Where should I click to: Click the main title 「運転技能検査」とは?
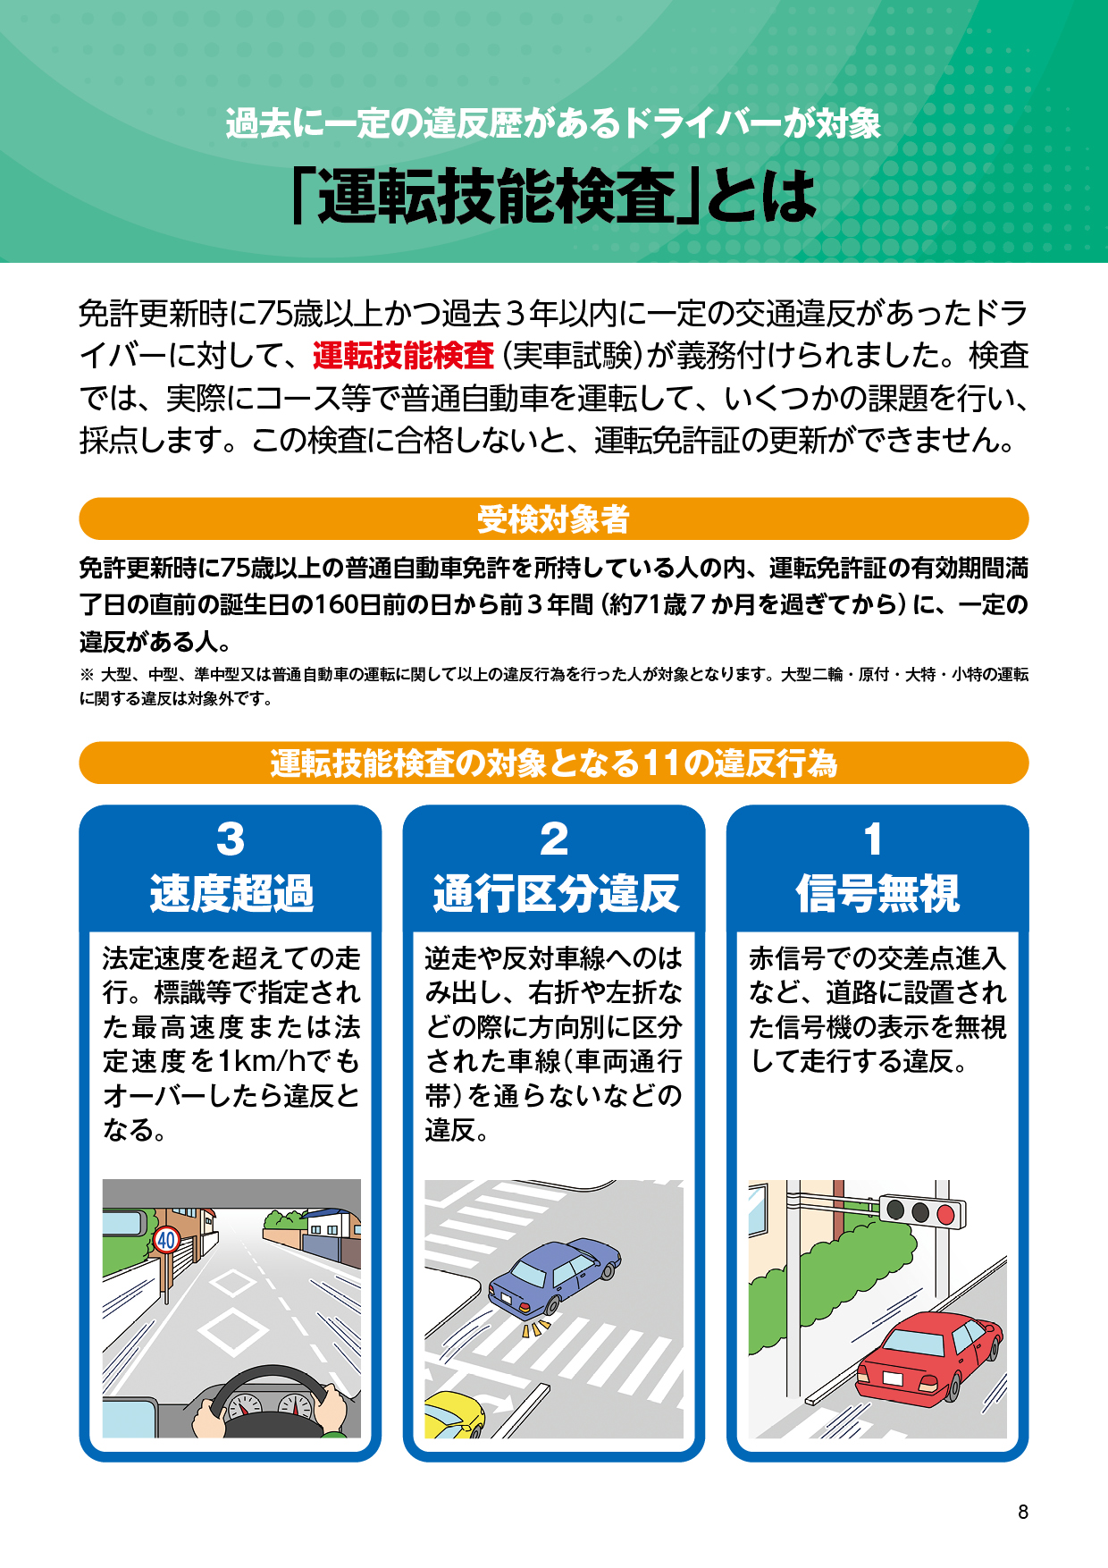pyautogui.click(x=554, y=196)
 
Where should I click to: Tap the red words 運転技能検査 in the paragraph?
pyautogui.click(x=403, y=356)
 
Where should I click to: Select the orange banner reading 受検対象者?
pyautogui.click(x=554, y=518)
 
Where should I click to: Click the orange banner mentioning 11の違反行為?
pyautogui.click(x=554, y=763)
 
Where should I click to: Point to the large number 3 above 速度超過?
pyautogui.click(x=231, y=839)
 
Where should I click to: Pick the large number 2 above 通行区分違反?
pyautogui.click(x=554, y=839)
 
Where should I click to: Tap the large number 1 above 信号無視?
pyautogui.click(x=874, y=839)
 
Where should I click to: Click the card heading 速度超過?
pyautogui.click(x=231, y=893)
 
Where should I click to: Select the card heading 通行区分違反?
pyautogui.click(x=556, y=893)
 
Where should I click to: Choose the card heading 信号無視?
pyautogui.click(x=878, y=893)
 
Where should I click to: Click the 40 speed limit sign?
pyautogui.click(x=167, y=1240)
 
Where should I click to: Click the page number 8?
pyautogui.click(x=1023, y=1512)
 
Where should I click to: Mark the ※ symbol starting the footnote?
pyautogui.click(x=87, y=674)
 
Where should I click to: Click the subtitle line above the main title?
pyautogui.click(x=553, y=123)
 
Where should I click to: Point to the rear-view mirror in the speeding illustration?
pyautogui.click(x=124, y=1222)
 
